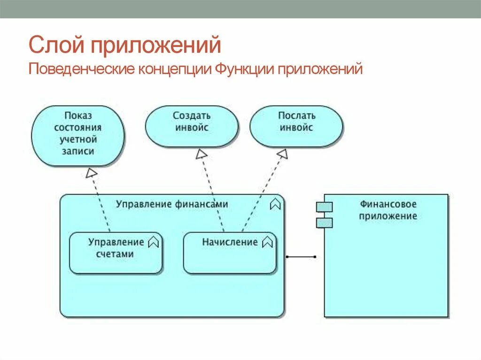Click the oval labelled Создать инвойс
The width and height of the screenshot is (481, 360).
(192, 126)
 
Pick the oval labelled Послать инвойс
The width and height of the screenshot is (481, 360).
(296, 126)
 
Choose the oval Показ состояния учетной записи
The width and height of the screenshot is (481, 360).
(78, 136)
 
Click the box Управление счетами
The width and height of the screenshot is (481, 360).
(116, 253)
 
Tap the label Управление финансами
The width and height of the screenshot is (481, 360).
(172, 204)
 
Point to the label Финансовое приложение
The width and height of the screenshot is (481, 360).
(388, 210)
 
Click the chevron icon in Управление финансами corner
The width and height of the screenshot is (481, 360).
(275, 204)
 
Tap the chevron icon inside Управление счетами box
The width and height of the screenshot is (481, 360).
(154, 242)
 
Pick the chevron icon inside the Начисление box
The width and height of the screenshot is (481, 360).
(267, 242)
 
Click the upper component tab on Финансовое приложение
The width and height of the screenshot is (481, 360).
(324, 207)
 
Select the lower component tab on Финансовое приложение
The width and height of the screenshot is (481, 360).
(324, 222)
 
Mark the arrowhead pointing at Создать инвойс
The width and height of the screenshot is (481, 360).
(202, 154)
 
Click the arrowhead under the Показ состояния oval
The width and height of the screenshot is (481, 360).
(91, 173)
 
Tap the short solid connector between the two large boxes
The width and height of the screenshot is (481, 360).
(301, 257)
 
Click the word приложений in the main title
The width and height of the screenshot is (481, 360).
(155, 46)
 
